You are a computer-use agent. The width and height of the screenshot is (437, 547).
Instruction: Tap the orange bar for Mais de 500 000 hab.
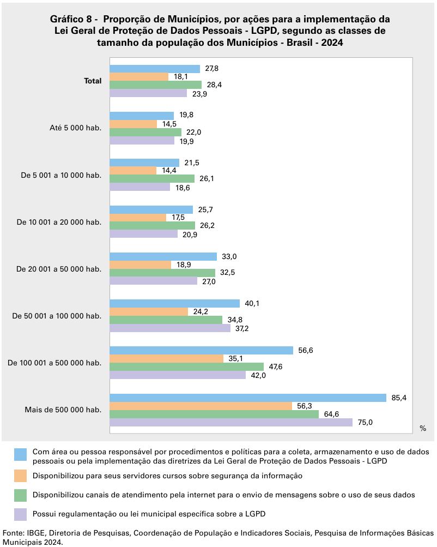tap(201, 406)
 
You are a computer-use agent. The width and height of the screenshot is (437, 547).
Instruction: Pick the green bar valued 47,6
tap(187, 367)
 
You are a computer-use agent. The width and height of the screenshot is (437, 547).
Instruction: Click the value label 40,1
tap(252, 303)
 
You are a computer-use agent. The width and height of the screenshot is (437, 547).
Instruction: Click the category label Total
tap(93, 81)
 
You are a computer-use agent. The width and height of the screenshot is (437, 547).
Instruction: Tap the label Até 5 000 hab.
tap(75, 128)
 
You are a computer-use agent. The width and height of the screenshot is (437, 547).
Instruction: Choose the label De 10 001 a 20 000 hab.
tap(59, 222)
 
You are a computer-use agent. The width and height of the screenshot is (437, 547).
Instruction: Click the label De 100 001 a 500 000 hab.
tap(55, 363)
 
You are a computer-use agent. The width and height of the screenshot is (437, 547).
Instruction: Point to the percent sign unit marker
tap(423, 429)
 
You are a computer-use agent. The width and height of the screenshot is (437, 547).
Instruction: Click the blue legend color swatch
tap(21, 454)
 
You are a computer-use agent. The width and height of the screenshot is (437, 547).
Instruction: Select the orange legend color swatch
tap(21, 475)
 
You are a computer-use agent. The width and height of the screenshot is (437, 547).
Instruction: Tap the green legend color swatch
tap(21, 495)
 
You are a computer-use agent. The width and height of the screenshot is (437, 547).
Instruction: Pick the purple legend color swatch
tap(21, 514)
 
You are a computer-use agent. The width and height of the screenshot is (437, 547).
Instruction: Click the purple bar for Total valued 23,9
tap(148, 93)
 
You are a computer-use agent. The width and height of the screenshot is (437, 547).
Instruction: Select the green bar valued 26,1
tap(152, 179)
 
